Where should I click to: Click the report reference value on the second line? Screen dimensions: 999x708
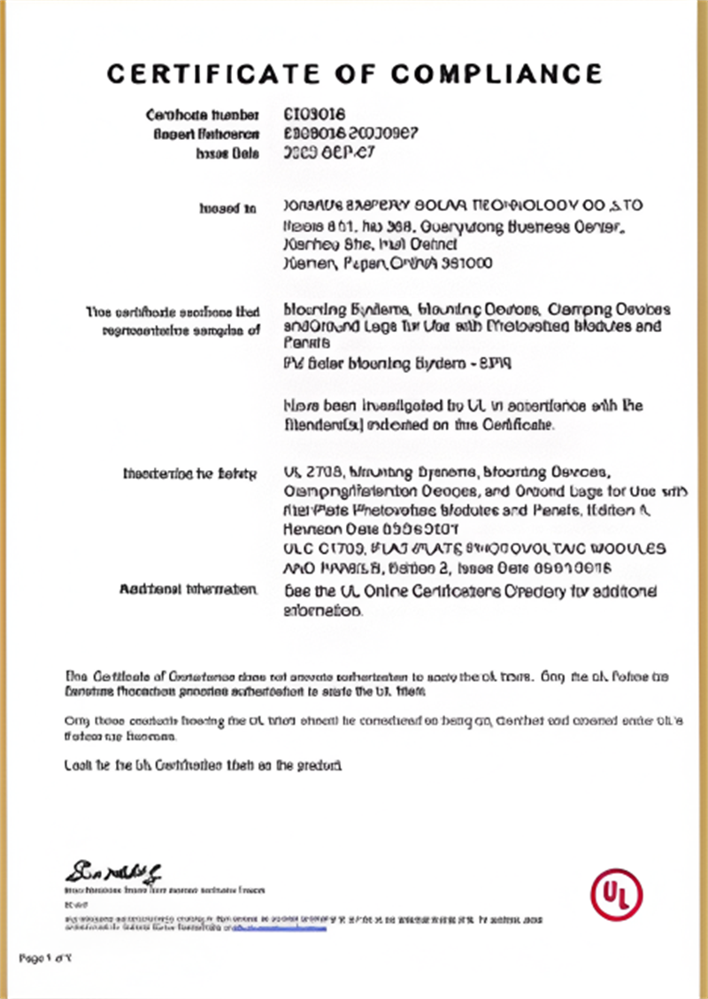tap(350, 134)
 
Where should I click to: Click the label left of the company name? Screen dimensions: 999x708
tap(227, 209)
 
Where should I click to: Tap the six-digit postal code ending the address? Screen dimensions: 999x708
tap(468, 263)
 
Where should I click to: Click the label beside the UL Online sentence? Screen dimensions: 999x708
tap(188, 590)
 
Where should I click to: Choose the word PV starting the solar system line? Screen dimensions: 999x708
tap(292, 363)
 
